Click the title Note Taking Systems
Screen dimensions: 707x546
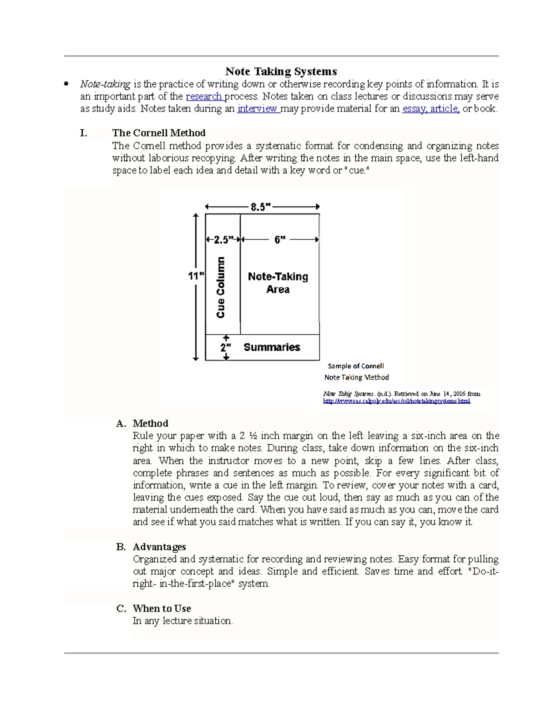(281, 71)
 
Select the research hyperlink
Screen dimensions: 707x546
(203, 97)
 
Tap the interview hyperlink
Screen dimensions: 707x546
(257, 109)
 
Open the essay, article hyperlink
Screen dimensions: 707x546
(430, 109)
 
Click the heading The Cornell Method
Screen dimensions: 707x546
(159, 133)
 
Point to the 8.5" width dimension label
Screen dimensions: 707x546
(260, 207)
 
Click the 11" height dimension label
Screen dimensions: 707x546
(196, 276)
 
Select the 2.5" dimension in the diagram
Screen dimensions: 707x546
(223, 239)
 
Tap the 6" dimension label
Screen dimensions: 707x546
(280, 239)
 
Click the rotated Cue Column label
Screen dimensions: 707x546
(221, 287)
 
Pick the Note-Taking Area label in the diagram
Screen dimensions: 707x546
(278, 283)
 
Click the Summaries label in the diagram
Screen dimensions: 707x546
(272, 347)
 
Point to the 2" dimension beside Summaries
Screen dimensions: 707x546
(226, 347)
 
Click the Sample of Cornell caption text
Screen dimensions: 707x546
(356, 366)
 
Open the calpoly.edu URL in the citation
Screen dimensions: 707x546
(396, 401)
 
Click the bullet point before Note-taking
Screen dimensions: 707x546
(67, 84)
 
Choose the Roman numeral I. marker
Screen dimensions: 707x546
(83, 133)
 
